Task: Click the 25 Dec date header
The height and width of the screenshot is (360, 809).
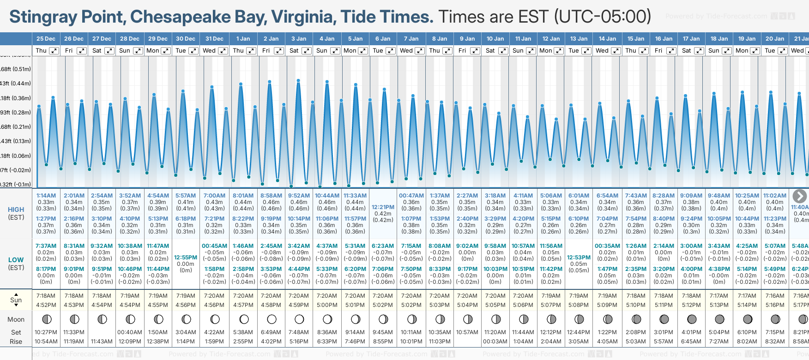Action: point(46,39)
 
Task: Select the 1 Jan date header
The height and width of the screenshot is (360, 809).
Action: point(243,39)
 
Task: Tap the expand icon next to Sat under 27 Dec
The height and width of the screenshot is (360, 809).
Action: point(109,51)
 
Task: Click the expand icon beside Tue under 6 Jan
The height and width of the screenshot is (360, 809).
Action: point(390,51)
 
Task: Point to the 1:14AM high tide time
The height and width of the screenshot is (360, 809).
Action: point(46,196)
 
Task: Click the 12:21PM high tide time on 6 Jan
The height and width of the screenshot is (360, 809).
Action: point(383,207)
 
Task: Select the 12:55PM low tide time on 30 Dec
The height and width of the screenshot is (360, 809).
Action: point(186,258)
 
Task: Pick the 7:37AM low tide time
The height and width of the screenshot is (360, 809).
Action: point(46,246)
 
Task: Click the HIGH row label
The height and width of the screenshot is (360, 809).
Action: point(16,210)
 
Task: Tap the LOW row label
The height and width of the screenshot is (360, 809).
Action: point(16,260)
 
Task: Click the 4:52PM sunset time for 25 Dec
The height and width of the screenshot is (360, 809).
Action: point(46,305)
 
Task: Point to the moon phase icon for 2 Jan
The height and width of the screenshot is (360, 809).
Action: point(272,319)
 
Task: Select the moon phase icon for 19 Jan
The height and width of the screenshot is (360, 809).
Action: point(747,319)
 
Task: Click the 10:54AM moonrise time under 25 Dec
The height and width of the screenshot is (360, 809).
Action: point(46,342)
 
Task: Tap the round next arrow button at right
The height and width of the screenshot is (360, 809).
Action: point(799,196)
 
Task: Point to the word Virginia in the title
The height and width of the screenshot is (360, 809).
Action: point(302,17)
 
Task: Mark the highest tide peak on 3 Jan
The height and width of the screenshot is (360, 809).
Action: point(298,81)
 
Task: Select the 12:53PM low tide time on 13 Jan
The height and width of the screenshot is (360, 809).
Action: point(579,258)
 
